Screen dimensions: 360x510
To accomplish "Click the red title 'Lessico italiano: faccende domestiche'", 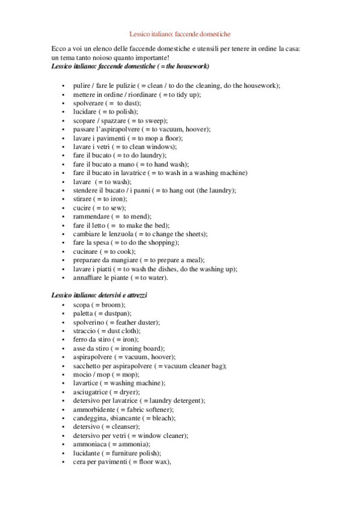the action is (180, 35).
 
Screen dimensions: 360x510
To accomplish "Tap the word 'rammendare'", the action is (90, 217).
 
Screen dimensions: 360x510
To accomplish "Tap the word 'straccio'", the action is (85, 331).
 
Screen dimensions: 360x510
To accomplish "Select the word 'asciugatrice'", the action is (91, 392).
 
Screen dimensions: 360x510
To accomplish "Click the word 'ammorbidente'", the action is (94, 410).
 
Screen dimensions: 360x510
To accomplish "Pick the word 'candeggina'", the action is (90, 418).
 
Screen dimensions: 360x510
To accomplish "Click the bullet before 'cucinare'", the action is (63, 251).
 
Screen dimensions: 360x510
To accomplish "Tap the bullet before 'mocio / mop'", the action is (63, 375).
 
